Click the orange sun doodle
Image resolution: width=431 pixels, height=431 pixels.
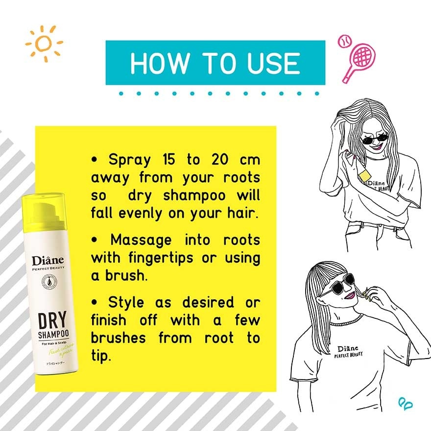(x=44, y=44)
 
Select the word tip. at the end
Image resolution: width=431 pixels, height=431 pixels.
(x=101, y=355)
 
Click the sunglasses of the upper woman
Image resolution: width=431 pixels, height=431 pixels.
(x=374, y=139)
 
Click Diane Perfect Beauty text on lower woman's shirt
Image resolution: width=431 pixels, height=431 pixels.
(x=350, y=351)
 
